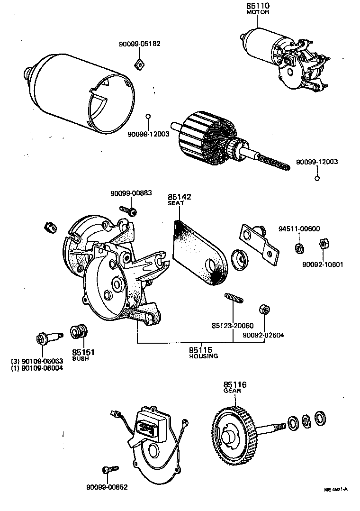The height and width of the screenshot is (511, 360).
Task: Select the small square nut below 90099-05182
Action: point(139,64)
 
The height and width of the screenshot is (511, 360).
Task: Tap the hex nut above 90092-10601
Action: point(324,245)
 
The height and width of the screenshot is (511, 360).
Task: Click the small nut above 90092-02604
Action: point(264,310)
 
